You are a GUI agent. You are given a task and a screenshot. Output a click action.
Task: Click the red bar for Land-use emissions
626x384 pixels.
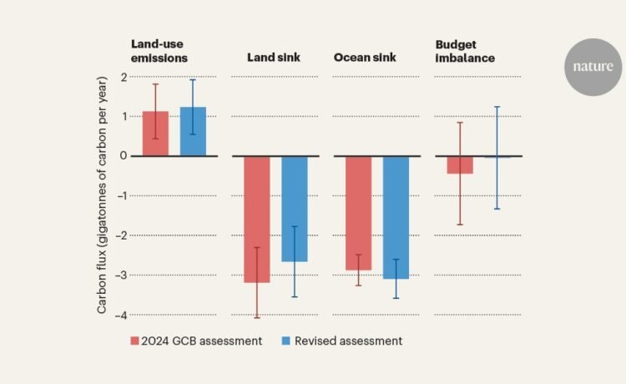click(155, 134)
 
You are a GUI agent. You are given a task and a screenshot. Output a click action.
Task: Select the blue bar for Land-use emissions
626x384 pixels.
click(193, 131)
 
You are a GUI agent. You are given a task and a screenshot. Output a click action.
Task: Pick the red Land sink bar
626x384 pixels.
click(257, 219)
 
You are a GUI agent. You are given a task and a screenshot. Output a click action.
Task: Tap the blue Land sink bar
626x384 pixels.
click(295, 209)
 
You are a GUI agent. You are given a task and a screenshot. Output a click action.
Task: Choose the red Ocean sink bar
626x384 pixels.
click(359, 213)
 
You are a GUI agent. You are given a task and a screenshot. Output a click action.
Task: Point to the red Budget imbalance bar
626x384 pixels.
click(460, 164)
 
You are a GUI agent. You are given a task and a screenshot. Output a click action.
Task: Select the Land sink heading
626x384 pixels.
click(274, 58)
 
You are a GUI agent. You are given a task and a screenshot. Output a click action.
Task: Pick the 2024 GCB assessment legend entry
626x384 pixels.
click(197, 341)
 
